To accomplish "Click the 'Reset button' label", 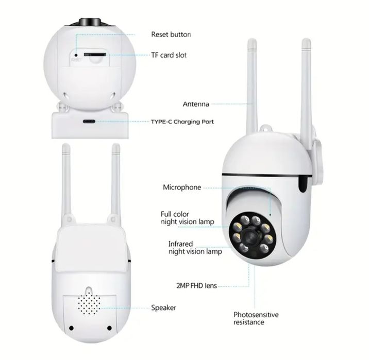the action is (x=171, y=35).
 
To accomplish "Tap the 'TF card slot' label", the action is (x=169, y=55).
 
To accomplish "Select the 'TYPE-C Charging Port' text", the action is (x=182, y=122).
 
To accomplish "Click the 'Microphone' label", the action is (x=182, y=187).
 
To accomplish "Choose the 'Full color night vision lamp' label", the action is (x=187, y=217).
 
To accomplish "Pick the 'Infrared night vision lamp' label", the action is (x=195, y=248).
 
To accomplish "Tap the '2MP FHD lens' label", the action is (x=195, y=285).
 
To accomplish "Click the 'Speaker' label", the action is (x=163, y=307).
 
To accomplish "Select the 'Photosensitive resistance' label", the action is (x=256, y=318).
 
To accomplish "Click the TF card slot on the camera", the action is (x=93, y=53).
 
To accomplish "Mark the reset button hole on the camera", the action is (x=76, y=53).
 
